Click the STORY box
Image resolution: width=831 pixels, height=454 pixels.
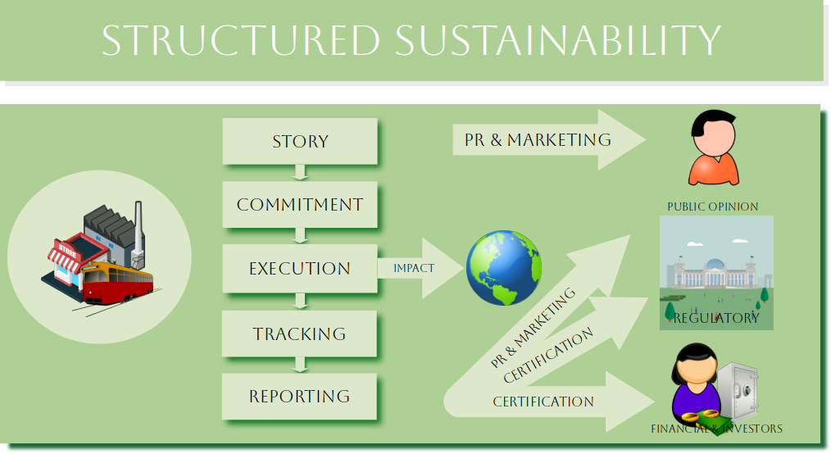(x=300, y=141)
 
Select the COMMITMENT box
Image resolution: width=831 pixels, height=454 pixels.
(x=300, y=204)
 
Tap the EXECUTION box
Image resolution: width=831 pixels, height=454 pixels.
(x=300, y=268)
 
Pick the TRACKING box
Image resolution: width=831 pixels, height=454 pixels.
(x=300, y=334)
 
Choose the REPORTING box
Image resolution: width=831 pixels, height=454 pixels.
(x=300, y=397)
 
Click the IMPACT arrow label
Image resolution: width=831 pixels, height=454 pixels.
(x=414, y=268)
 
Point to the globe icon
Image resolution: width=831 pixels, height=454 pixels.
(x=504, y=268)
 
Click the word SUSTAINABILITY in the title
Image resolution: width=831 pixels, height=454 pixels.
(x=556, y=40)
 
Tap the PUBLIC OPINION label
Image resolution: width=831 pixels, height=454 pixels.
(x=712, y=207)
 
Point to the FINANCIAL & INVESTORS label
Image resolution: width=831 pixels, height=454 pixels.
(x=716, y=429)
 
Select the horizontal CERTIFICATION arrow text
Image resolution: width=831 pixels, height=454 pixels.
(x=543, y=402)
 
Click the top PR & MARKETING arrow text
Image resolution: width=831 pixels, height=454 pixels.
(x=538, y=139)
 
